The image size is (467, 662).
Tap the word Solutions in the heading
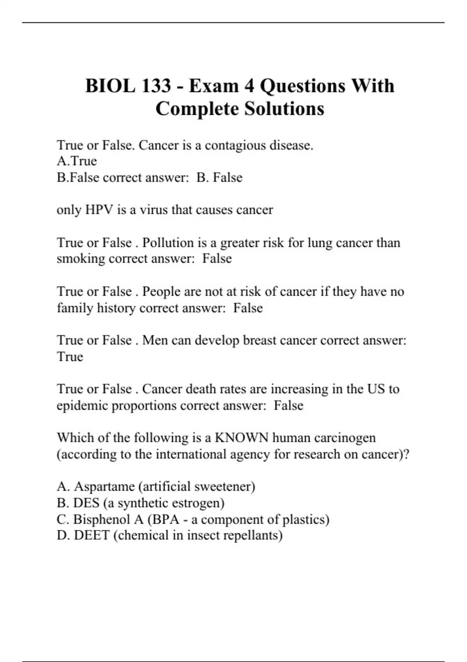284,109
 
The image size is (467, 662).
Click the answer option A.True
77,161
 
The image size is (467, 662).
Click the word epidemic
82,406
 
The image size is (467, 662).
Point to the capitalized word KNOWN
241,438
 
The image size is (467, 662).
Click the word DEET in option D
91,535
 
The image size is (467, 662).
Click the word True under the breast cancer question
70,357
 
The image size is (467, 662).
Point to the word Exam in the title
214,86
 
